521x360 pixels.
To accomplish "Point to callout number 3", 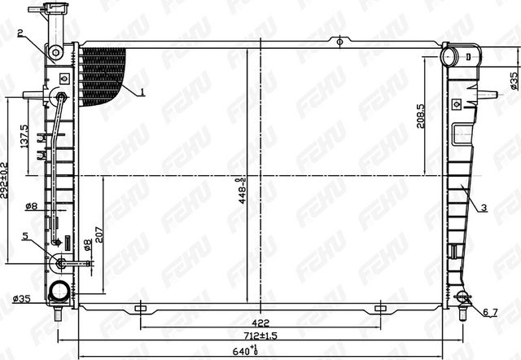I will pyautogui.click(x=484, y=208).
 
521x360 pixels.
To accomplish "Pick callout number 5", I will pyautogui.click(x=24, y=236).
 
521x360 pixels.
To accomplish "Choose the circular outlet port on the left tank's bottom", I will pyautogui.click(x=59, y=292).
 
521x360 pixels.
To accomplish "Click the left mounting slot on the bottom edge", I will pyautogui.click(x=139, y=307).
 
